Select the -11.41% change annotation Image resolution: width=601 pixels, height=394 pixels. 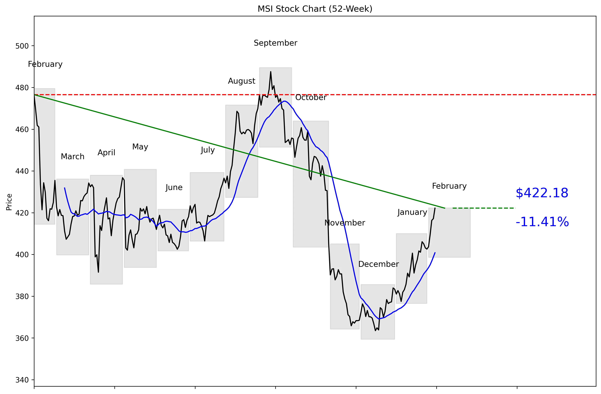click(x=542, y=222)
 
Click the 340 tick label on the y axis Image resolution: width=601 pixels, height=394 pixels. click(x=22, y=380)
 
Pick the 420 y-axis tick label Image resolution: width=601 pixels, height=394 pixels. click(x=22, y=213)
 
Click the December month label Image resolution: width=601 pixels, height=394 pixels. click(x=378, y=264)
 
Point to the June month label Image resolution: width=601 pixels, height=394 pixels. click(x=174, y=188)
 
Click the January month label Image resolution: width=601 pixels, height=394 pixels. click(x=412, y=212)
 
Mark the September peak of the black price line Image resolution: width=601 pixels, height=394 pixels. click(x=270, y=72)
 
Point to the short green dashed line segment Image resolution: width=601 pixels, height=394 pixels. click(x=484, y=208)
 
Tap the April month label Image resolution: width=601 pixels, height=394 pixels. click(x=106, y=153)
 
